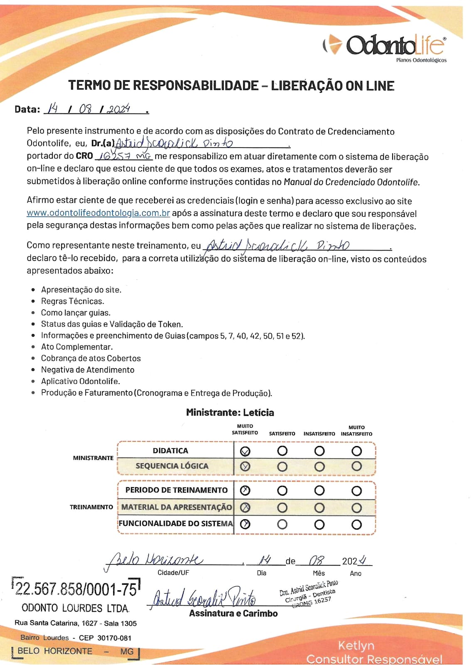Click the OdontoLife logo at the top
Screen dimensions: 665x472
pos(384,46)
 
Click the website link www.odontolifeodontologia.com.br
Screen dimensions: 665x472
pos(98,213)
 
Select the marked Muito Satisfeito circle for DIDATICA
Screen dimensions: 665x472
pos(245,451)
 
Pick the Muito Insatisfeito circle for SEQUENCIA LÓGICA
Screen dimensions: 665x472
pos(356,466)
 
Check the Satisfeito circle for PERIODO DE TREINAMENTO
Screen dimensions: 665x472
pos(282,491)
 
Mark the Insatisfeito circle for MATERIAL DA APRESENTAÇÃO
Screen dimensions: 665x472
pos(319,507)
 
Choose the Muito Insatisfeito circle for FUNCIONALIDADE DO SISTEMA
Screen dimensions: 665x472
pos(356,524)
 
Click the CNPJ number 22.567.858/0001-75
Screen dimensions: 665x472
pos(76,589)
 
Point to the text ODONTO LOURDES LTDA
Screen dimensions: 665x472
pos(75,608)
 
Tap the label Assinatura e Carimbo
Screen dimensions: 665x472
pos(233,613)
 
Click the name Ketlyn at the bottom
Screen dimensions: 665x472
pos(356,645)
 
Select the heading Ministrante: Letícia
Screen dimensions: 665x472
pos(230,413)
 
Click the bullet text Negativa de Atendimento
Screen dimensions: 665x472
pos(88,370)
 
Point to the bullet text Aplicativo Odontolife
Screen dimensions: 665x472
pos(80,381)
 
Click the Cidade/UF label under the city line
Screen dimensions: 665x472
pos(173,573)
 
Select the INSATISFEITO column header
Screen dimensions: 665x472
pos(319,433)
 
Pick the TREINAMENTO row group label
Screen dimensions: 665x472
pos(91,507)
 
